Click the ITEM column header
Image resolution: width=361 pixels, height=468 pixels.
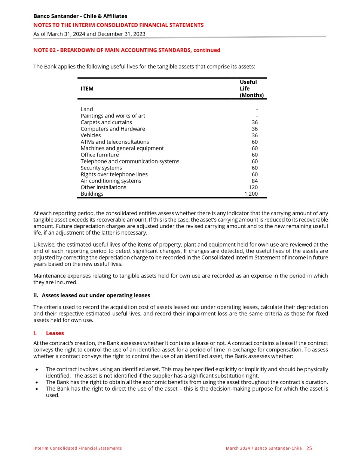pyautogui.click(x=87, y=89)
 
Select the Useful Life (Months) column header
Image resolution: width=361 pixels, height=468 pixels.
pyautogui.click(x=251, y=89)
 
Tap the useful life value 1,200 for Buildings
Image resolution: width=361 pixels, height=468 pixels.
pyautogui.click(x=251, y=194)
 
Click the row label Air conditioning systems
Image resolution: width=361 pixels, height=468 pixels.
pyautogui.click(x=111, y=181)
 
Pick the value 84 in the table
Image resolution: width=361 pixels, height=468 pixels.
pyautogui.click(x=254, y=181)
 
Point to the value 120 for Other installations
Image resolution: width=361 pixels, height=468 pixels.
pyautogui.click(x=253, y=187)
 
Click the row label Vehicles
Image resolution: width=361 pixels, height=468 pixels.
pyautogui.click(x=91, y=135)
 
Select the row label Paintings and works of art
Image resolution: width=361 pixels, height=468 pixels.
pyautogui.click(x=113, y=116)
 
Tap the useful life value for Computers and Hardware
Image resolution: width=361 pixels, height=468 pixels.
pyautogui.click(x=254, y=129)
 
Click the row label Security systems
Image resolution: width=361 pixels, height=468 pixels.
pyautogui.click(x=101, y=168)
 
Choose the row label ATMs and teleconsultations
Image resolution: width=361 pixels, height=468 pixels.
pyautogui.click(x=114, y=142)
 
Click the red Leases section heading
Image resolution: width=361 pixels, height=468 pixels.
pyautogui.click(x=55, y=333)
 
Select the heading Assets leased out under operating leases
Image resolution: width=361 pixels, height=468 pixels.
pyautogui.click(x=96, y=296)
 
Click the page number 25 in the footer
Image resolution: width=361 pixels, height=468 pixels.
pyautogui.click(x=309, y=448)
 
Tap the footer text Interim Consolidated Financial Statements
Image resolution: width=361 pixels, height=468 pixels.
pyautogui.click(x=77, y=448)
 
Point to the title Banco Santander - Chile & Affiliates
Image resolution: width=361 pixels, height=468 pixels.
pyautogui.click(x=80, y=16)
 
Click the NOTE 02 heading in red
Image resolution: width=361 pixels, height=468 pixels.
pyautogui.click(x=126, y=50)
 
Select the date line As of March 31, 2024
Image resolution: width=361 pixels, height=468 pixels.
pyautogui.click(x=89, y=34)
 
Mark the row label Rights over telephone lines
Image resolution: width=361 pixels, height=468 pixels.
pyautogui.click(x=114, y=175)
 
